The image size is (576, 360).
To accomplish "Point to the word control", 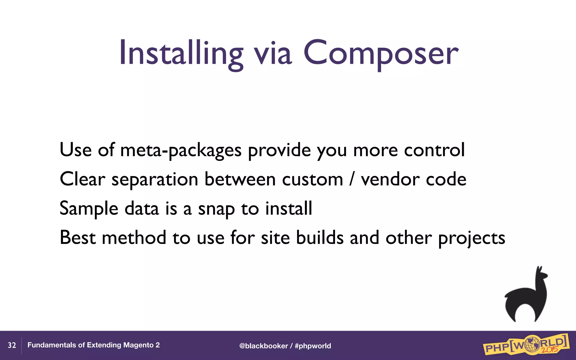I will point(434,150).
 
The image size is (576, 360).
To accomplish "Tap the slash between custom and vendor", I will point(352,179).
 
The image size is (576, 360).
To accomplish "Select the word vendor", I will point(390,179).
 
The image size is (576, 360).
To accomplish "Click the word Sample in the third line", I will point(89,209).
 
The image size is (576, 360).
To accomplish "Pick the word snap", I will point(216,210).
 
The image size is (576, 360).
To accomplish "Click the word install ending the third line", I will point(289,208).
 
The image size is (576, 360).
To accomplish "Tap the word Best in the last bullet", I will point(78,238).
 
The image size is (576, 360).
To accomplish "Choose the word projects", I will point(472,238).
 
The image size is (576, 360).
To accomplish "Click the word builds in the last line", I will point(320,238).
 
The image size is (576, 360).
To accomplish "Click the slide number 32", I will point(12,345).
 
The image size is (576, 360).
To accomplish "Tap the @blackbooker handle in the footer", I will point(264,346).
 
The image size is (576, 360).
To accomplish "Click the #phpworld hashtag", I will point(313,346).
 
